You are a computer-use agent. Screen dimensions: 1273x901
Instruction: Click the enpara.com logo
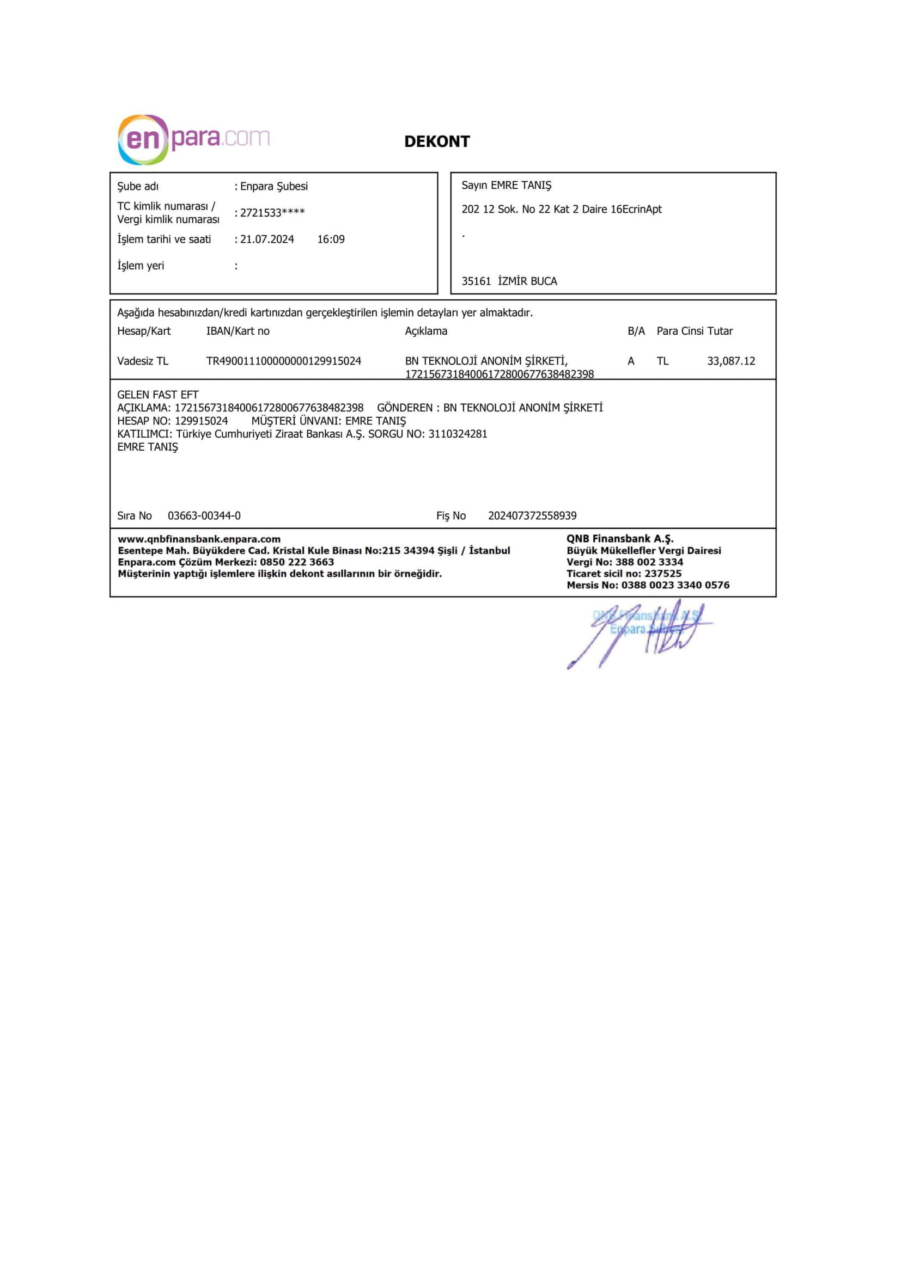coord(193,139)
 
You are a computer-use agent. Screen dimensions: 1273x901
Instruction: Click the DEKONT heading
coord(437,142)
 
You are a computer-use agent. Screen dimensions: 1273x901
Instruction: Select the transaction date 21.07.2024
coord(267,239)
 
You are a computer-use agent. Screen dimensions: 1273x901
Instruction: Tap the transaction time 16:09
coord(331,239)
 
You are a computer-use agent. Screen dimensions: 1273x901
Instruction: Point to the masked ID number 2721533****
coord(272,213)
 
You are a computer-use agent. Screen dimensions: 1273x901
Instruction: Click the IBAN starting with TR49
coord(283,361)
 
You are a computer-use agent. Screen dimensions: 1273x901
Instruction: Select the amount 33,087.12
coord(730,361)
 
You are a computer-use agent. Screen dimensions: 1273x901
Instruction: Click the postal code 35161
coord(476,281)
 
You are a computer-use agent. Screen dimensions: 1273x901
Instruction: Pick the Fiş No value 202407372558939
coord(532,515)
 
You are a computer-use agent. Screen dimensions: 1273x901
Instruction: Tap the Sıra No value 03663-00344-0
coord(204,515)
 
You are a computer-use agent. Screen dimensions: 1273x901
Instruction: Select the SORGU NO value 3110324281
coord(458,434)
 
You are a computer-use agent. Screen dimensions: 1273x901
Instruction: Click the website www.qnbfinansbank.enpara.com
coord(199,539)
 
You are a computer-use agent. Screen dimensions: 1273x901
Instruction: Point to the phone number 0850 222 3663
coord(297,562)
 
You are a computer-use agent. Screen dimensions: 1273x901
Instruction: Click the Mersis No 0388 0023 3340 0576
coord(675,585)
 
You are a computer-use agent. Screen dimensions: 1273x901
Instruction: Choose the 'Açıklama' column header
coord(425,331)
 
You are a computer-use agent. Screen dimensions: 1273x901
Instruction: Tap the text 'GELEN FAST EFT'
coord(157,395)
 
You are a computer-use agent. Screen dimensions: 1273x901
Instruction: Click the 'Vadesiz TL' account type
coord(143,361)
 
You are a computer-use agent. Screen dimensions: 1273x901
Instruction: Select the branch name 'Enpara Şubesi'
coord(273,186)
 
